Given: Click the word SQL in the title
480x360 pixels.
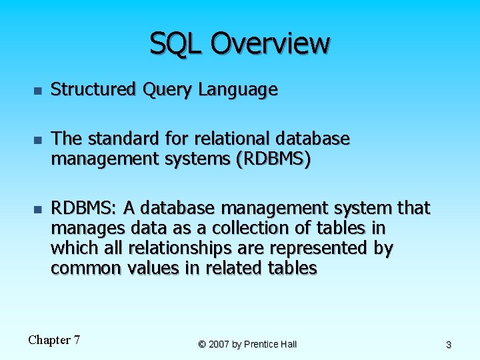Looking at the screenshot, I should pos(175,43).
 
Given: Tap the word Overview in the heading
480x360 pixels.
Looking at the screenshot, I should pos(269,43).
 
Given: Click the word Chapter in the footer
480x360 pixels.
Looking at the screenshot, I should pos(49,340).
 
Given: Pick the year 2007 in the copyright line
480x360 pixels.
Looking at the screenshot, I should pos(219,344).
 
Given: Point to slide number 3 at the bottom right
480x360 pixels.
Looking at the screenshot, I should pos(449,345).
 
